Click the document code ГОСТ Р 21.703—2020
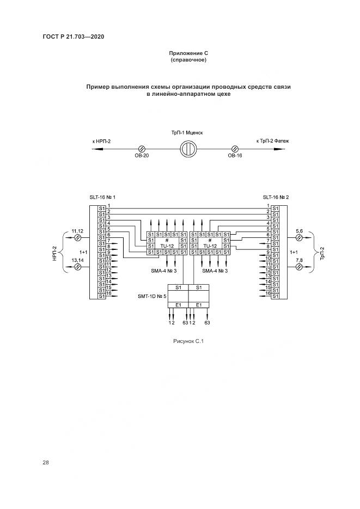coord(73,36)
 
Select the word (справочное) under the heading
coord(188,60)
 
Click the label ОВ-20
coord(142,156)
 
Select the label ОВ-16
coord(235,156)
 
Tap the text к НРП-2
coord(101,141)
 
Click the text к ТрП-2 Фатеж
coord(272,141)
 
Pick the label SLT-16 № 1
coord(102,197)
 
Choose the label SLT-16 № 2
coord(276,197)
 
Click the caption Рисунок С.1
coord(188,341)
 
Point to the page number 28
coord(46,463)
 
